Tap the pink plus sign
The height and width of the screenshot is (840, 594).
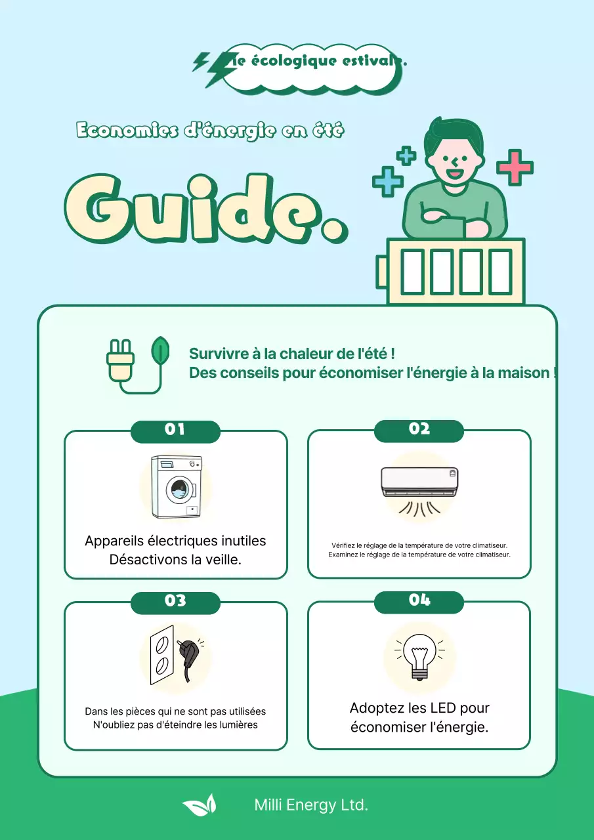click(x=515, y=167)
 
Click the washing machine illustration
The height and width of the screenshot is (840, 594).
click(x=176, y=488)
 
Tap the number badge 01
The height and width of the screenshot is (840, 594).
click(x=175, y=430)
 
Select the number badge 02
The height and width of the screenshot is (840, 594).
click(x=419, y=429)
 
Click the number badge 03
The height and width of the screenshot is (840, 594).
click(x=175, y=601)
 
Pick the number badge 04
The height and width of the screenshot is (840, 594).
click(x=419, y=600)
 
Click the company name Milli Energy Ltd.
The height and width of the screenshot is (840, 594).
click(x=311, y=805)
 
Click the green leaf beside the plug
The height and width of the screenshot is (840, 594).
click(x=159, y=352)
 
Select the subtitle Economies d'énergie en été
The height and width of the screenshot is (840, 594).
click(x=210, y=131)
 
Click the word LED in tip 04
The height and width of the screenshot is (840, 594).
click(x=443, y=708)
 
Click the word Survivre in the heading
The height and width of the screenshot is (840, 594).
click(x=219, y=354)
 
